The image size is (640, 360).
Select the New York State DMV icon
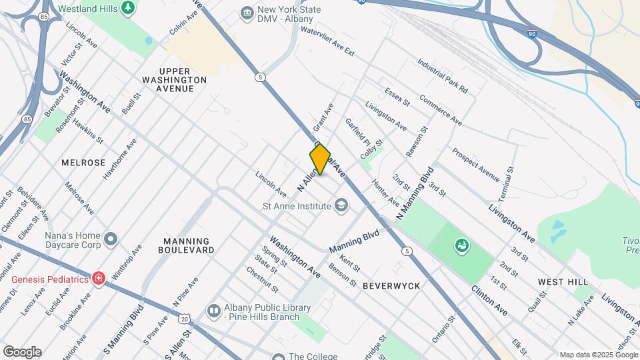[x=248, y=13]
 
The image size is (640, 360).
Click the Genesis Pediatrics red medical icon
[x=99, y=278]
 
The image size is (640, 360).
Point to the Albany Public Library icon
[x=214, y=310]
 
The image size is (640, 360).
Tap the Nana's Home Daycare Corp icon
[x=111, y=239]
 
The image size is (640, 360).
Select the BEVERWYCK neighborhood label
[x=391, y=285]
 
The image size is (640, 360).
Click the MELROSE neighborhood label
[x=83, y=163]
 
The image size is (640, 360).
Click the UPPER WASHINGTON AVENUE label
[x=175, y=79]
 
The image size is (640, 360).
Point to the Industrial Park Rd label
[x=443, y=75]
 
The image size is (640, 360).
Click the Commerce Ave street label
[x=441, y=110]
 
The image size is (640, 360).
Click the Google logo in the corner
[x=21, y=351]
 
